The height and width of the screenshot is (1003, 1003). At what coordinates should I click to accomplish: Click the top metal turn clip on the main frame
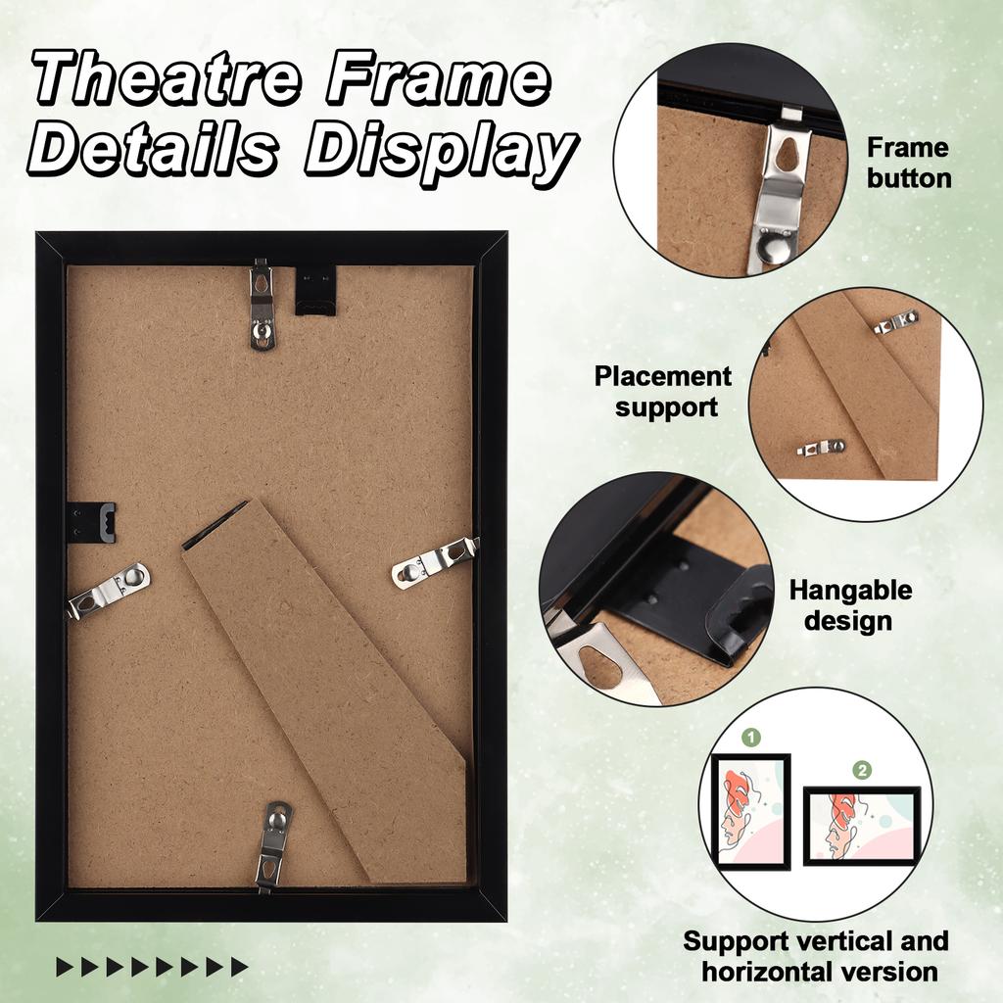tap(262, 306)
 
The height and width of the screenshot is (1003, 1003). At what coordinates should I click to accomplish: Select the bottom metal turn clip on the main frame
tap(273, 843)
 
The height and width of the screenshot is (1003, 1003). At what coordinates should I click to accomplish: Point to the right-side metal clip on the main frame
tap(433, 561)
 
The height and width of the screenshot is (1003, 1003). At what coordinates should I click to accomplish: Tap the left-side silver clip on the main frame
tap(109, 590)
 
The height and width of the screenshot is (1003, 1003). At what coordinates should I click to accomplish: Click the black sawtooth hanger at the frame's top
tap(315, 291)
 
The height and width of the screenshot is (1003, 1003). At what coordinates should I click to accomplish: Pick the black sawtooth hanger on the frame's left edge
tap(93, 521)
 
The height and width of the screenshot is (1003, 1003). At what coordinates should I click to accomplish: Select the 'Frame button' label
tap(908, 163)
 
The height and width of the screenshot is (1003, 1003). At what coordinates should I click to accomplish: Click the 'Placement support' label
tap(663, 392)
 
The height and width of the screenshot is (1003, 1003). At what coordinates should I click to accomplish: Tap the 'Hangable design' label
tap(850, 605)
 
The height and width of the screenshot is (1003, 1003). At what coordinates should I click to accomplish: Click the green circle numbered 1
tap(751, 737)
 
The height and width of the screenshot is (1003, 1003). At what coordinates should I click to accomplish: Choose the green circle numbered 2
tap(862, 770)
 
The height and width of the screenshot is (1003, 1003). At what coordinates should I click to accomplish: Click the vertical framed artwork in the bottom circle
tap(750, 811)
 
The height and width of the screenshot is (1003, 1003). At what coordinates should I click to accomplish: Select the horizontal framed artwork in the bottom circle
tap(862, 826)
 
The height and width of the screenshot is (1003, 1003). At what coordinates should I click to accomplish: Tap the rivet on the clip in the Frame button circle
tap(776, 249)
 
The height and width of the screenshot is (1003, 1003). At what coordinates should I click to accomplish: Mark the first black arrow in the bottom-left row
tap(65, 968)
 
